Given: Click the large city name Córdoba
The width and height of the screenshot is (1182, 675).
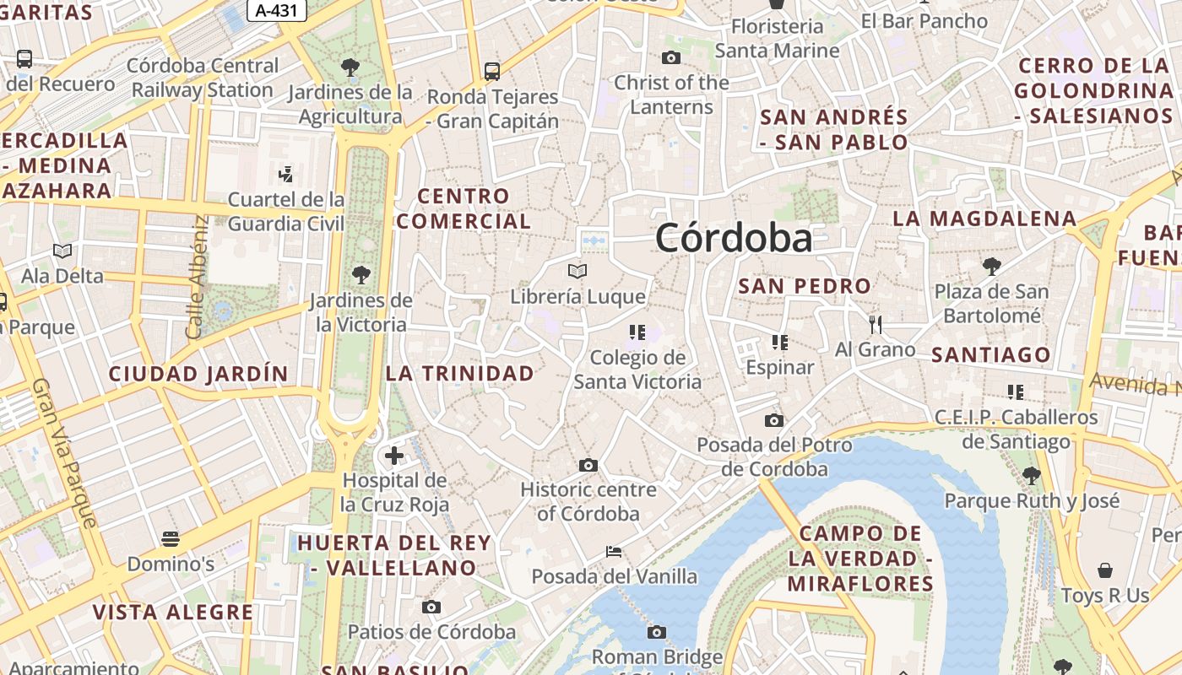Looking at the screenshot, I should pos(734,238).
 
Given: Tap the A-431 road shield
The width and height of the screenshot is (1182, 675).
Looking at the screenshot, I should pos(276,10).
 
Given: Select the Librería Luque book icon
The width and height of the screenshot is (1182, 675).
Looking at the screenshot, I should pos(577,271).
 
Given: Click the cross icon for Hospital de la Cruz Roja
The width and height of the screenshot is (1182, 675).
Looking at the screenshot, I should pos(393,456).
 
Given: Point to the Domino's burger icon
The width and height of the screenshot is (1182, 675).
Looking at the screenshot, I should pos(171,538).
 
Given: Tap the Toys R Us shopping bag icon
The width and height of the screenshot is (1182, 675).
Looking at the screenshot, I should pos(1105,570).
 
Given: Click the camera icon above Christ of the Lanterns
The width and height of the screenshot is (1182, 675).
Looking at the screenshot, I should pos(671,57).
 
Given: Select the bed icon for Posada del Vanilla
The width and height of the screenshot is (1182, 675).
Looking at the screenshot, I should pos(614,552).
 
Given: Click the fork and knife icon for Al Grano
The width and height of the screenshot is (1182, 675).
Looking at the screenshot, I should pos(876,323).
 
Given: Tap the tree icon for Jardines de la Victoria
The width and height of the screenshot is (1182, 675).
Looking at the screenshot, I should pos(361,274).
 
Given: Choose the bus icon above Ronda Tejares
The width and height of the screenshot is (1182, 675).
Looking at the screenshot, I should pos(492,71).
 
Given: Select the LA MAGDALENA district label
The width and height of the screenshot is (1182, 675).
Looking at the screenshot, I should pos(984,219).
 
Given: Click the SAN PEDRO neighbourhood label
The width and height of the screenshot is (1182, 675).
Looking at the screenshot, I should pos(805,286).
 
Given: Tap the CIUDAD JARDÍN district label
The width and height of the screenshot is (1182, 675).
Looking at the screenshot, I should pos(198,374).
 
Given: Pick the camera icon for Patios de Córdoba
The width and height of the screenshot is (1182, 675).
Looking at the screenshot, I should pos(431,607).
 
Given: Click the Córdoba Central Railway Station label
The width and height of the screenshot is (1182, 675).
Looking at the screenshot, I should pos(203,78).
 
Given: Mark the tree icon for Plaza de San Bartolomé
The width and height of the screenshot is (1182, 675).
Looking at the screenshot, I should pos(991,267).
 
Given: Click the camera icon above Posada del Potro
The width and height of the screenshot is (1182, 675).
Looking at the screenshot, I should pos(774,420).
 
